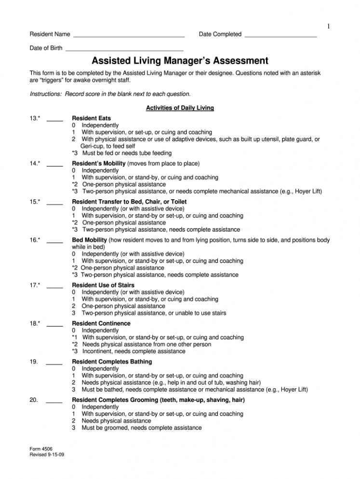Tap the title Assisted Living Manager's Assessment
point(180,61)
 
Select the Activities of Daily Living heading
point(180,108)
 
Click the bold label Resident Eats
point(91,118)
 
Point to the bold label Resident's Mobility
point(99,164)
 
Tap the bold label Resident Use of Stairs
point(103,285)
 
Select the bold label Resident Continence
point(101,323)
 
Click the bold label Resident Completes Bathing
point(112,362)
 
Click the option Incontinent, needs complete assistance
point(133,352)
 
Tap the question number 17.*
point(35,285)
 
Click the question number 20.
point(34,400)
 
